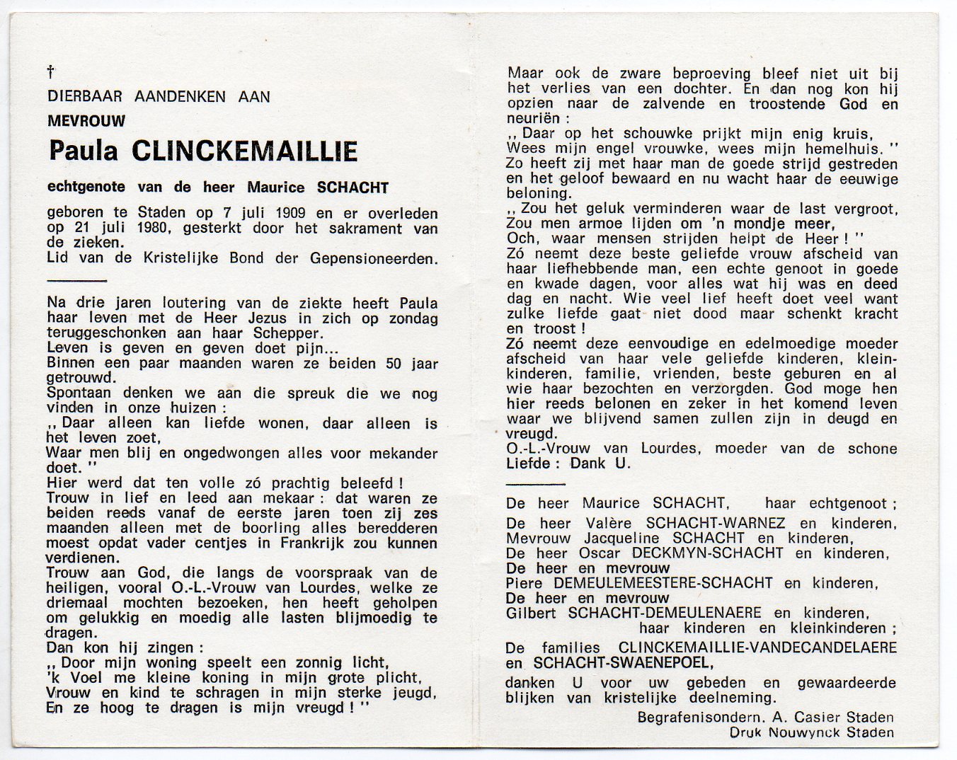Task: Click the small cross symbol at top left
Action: tap(51, 71)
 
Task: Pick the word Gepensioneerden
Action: tap(374, 259)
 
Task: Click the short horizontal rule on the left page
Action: tap(76, 281)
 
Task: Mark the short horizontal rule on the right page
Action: tap(536, 485)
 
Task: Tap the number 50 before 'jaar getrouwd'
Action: tap(394, 364)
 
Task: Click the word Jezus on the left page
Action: tap(236, 318)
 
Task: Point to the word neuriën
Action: tap(533, 118)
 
